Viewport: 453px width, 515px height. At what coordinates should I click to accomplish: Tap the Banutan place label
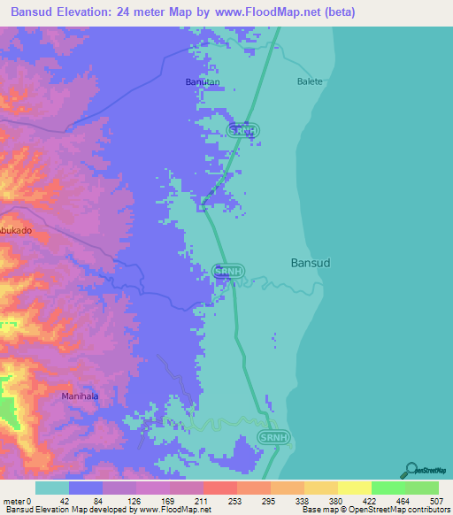pos(202,81)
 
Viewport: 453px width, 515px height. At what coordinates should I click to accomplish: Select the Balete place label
pos(310,81)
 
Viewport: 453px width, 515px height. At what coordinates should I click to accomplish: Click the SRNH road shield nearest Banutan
pos(243,130)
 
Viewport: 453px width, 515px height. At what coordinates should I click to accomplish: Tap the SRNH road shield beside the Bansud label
pos(227,271)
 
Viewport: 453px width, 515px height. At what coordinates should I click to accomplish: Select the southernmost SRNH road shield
pos(273,437)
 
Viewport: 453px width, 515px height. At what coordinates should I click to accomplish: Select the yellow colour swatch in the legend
pos(354,488)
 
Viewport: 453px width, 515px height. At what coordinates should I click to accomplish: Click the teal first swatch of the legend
pos(51,488)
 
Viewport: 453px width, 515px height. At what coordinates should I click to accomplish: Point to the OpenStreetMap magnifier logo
pos(410,470)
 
